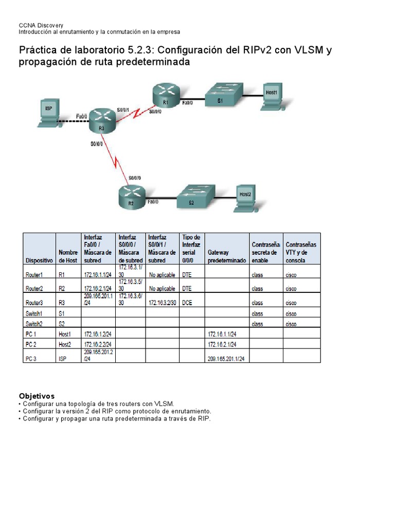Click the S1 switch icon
(x=223, y=96)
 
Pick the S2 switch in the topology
(x=194, y=197)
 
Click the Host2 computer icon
(x=246, y=197)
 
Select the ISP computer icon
(x=49, y=113)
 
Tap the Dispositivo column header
(x=39, y=260)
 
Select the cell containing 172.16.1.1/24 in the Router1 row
(x=98, y=275)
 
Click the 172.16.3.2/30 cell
(x=162, y=303)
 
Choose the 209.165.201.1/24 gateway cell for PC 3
(x=226, y=359)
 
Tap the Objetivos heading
(x=37, y=396)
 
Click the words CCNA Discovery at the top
(x=41, y=25)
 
